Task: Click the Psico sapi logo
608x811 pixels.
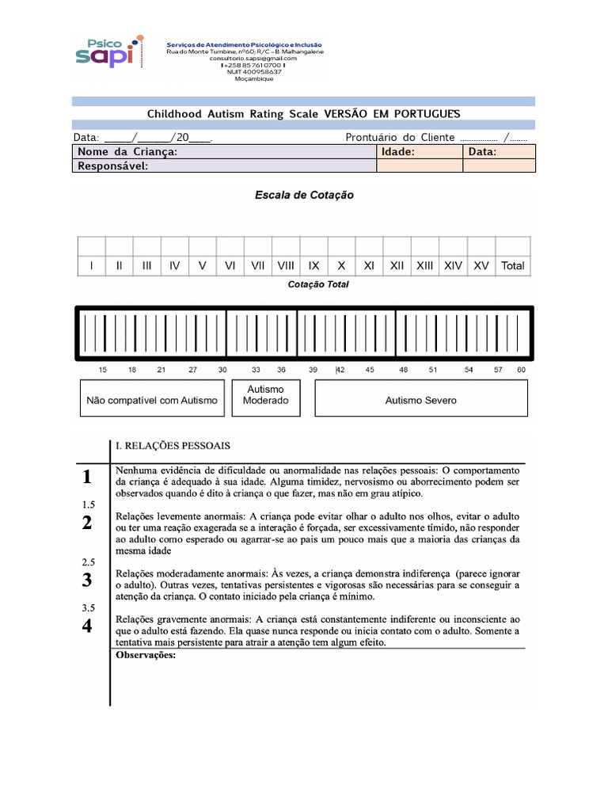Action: tap(110, 52)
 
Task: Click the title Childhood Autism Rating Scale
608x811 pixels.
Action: tap(303, 114)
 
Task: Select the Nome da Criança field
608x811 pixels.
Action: tap(225, 152)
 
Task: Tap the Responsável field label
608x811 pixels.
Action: tap(112, 166)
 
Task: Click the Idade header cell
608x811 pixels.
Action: tap(398, 152)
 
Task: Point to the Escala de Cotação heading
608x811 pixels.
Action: tap(304, 195)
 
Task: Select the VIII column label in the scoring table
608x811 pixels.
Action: tap(286, 266)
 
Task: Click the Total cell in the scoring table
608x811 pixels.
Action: tap(512, 266)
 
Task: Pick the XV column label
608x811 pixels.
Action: tap(481, 266)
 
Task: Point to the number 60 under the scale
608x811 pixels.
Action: tap(521, 370)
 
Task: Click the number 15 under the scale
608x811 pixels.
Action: tap(103, 370)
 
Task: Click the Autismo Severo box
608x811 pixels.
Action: tap(420, 400)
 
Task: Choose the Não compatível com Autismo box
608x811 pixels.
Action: tap(151, 400)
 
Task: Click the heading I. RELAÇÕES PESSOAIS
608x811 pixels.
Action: tap(173, 447)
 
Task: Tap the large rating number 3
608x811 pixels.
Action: tap(87, 580)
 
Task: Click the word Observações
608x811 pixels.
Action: tap(146, 655)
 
